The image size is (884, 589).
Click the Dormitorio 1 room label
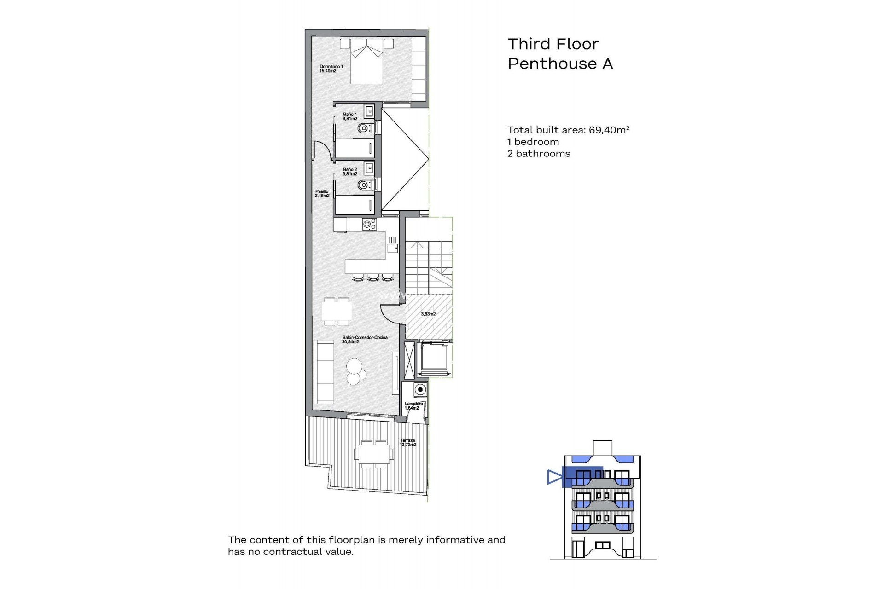[331, 69]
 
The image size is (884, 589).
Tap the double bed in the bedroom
[366, 64]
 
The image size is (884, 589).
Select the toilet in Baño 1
[366, 128]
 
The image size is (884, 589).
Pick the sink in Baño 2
[369, 168]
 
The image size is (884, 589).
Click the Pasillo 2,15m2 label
[322, 193]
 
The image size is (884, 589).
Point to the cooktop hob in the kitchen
[369, 225]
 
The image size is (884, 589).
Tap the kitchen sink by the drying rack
[392, 248]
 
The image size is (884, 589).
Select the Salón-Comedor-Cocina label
[365, 340]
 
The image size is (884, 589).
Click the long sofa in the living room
[324, 372]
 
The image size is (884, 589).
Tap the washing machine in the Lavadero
[420, 390]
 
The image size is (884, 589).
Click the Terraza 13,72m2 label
[408, 443]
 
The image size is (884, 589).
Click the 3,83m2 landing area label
[428, 314]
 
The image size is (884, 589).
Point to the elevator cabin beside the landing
[433, 358]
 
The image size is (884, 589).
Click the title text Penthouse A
[560, 64]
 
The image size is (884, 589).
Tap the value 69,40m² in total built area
[609, 130]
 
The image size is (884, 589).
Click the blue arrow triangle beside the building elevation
[554, 477]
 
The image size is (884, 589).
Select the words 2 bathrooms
[539, 154]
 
